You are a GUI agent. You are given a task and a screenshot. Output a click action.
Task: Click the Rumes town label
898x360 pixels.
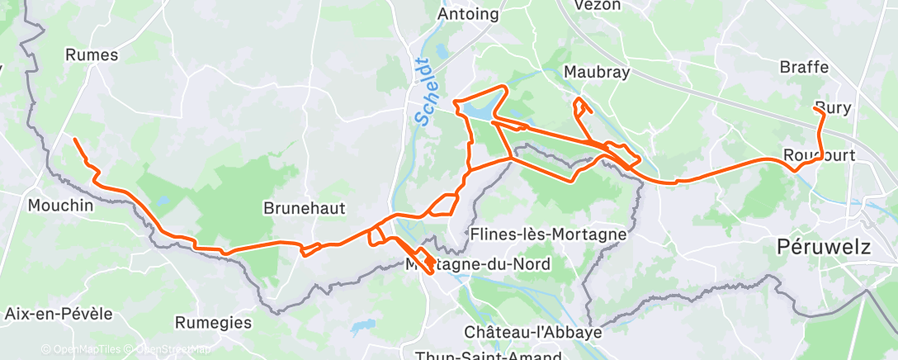tap(91, 55)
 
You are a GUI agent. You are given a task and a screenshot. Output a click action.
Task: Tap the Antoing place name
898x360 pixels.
tap(468, 14)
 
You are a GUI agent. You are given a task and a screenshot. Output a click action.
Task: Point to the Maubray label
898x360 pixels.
tap(597, 73)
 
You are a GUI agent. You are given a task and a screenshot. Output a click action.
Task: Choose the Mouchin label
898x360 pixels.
tap(60, 205)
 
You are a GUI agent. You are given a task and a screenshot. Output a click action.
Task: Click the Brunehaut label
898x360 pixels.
tap(304, 207)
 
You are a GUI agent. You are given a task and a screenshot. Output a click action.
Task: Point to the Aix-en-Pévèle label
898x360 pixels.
tap(58, 314)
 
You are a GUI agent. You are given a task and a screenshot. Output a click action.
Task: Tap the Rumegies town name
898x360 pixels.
tap(213, 322)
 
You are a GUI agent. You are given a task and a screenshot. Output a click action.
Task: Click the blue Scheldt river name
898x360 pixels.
tap(423, 92)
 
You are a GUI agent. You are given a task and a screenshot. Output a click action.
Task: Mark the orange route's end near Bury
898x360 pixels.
tap(815, 108)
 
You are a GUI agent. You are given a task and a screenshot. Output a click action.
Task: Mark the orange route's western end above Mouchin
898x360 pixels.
tap(75, 140)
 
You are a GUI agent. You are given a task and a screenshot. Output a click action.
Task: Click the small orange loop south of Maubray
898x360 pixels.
tap(581, 106)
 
